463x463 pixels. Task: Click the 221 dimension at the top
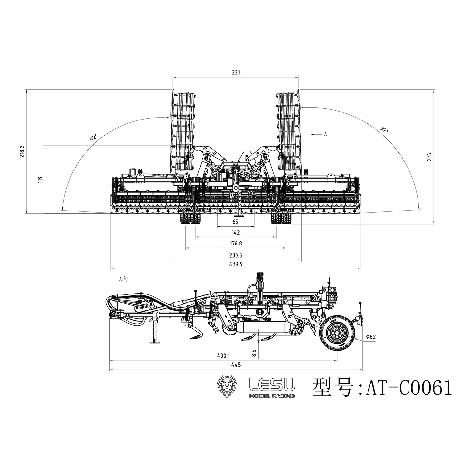[236, 73]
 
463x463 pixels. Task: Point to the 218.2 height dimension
[22, 152]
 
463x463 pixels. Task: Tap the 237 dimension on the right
[430, 156]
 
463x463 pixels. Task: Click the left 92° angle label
[93, 138]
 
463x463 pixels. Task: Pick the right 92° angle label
[384, 130]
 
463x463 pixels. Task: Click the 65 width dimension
[236, 222]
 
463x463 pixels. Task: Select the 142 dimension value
[236, 233]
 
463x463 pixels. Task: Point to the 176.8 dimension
[236, 244]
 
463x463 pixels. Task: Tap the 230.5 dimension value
[236, 256]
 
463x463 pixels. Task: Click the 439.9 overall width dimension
[236, 264]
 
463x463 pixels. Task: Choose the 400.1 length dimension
[223, 356]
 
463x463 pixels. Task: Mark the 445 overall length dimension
[236, 365]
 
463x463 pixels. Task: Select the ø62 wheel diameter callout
[370, 337]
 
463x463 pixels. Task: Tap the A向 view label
[123, 279]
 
